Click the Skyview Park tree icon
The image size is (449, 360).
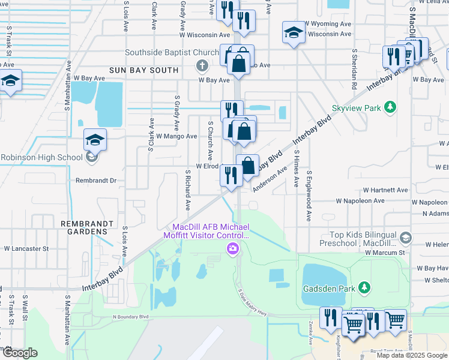[x=391, y=107]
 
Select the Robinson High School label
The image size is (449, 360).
[x=41, y=158]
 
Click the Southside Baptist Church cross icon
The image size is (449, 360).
[x=202, y=65]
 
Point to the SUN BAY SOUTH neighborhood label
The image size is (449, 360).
[x=143, y=70]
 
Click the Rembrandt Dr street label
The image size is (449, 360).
[x=96, y=180]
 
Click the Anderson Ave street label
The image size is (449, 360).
[x=270, y=179]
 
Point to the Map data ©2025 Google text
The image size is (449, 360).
[x=412, y=355]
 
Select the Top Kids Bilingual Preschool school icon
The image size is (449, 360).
[x=406, y=238]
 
